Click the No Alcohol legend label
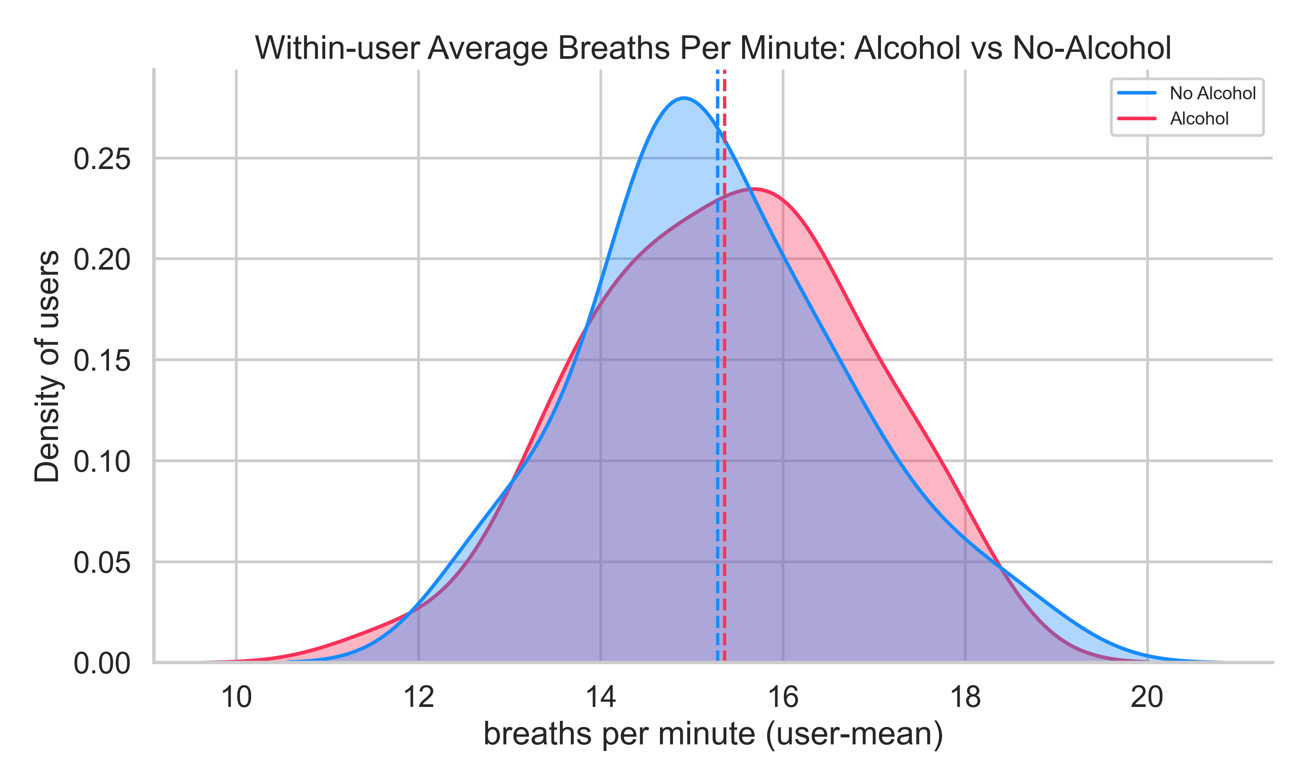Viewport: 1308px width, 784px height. tap(1213, 94)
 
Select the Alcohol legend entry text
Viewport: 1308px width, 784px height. tap(1199, 119)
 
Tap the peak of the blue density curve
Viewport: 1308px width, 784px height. tap(684, 98)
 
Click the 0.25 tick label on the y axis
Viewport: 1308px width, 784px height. tap(102, 159)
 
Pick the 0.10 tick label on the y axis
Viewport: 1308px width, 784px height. tap(102, 462)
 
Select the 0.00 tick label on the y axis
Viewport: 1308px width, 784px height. tap(102, 664)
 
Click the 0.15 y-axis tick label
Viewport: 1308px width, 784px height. tap(102, 362)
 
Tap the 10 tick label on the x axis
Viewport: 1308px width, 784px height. tap(236, 697)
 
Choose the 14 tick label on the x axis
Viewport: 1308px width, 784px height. tap(601, 697)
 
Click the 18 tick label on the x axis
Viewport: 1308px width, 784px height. tap(965, 697)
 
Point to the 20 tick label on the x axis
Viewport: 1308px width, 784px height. tap(1147, 697)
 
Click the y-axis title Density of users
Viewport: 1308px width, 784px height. tap(47, 366)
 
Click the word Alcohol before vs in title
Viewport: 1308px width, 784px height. tap(907, 49)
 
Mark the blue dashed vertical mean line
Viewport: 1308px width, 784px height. tap(718, 422)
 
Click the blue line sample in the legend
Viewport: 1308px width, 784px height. tap(1137, 94)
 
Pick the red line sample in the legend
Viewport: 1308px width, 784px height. tap(1137, 119)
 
